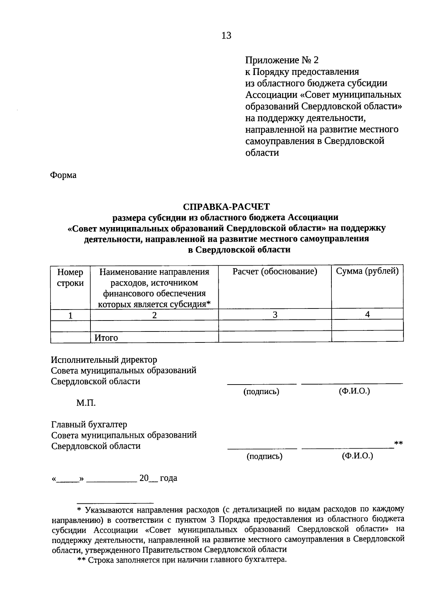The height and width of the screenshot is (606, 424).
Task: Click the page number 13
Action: [226, 35]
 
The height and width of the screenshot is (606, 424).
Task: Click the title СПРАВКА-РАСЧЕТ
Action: [226, 206]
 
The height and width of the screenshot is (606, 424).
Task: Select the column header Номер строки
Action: [70, 277]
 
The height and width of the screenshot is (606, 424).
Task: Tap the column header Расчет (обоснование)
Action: [275, 272]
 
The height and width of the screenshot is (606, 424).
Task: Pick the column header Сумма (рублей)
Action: [367, 271]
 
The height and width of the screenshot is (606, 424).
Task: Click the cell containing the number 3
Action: [275, 314]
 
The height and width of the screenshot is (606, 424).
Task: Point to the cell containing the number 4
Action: [367, 314]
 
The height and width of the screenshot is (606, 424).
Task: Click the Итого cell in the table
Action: [106, 338]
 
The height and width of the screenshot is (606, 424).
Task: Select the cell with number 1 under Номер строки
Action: [70, 315]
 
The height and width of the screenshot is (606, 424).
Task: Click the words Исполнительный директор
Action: [104, 360]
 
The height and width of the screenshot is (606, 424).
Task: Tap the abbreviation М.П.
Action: [86, 403]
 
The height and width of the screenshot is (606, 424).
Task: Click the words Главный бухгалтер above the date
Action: [89, 424]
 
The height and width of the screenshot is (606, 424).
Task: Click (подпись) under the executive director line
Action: [261, 392]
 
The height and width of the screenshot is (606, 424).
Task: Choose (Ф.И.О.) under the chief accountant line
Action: [357, 456]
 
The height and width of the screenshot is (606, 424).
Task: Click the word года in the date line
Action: [169, 478]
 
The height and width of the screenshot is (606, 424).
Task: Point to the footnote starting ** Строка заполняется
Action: [182, 560]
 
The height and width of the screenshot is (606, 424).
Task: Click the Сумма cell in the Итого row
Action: [367, 336]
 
